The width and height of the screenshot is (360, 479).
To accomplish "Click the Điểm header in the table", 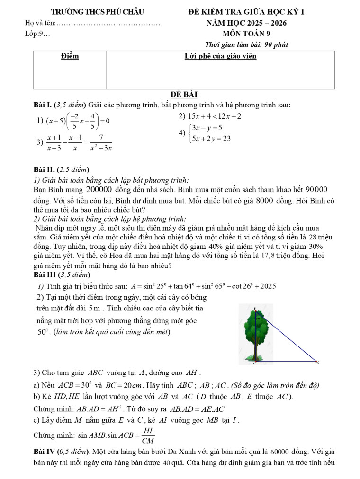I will (x=70, y=56).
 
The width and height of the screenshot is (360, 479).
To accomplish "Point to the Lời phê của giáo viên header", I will (x=220, y=56).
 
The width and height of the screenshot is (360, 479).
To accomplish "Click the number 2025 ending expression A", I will (x=266, y=286).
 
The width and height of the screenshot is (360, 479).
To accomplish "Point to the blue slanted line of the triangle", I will (x=289, y=337).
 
